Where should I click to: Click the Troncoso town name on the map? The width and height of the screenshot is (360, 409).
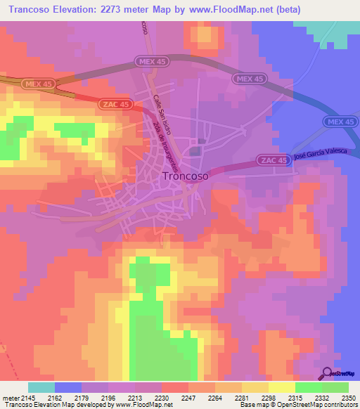(185, 177)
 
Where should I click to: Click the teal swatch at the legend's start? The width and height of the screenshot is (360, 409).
(41, 388)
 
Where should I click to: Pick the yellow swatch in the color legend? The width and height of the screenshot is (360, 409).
(282, 388)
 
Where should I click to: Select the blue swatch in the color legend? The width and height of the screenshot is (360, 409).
(68, 388)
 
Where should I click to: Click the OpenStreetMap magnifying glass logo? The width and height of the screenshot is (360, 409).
(328, 372)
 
